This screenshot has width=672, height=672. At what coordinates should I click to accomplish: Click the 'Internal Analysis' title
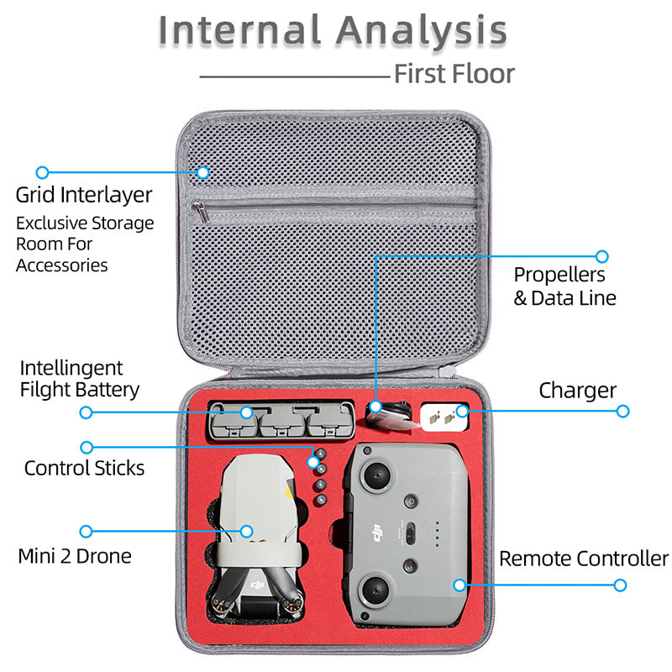(x=333, y=30)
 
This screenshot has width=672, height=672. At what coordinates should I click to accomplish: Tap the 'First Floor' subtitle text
(x=454, y=73)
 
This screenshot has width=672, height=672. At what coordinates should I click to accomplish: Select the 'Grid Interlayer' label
(x=84, y=195)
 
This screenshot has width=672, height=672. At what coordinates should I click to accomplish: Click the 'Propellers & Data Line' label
(x=564, y=286)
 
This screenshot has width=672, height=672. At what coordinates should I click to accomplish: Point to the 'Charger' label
(x=577, y=390)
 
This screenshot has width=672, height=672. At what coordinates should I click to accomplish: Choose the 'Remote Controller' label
(x=584, y=559)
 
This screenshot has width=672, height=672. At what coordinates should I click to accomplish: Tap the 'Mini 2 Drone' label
(x=75, y=556)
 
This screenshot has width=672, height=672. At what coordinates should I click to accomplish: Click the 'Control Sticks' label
(x=84, y=468)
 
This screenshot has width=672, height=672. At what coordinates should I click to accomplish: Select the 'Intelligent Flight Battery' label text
(x=79, y=379)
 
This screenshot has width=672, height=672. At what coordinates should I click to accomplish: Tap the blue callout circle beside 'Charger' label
(x=622, y=411)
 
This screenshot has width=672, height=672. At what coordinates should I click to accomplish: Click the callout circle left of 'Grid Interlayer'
(x=42, y=172)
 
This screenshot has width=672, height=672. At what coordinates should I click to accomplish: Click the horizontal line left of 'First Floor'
(x=294, y=77)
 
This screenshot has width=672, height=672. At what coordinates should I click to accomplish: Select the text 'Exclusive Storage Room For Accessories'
(x=84, y=244)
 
